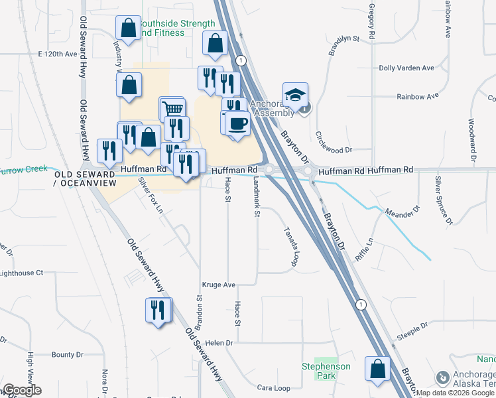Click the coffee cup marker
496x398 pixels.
(237, 123)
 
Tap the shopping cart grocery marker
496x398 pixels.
(172, 109)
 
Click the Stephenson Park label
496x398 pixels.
(322, 371)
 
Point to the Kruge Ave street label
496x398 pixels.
(220, 285)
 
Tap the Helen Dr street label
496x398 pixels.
(220, 343)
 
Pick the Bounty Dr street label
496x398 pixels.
(68, 355)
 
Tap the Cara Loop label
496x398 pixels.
(274, 388)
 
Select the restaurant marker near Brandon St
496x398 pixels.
(158, 311)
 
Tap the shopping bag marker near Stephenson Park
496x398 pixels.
(377, 370)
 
